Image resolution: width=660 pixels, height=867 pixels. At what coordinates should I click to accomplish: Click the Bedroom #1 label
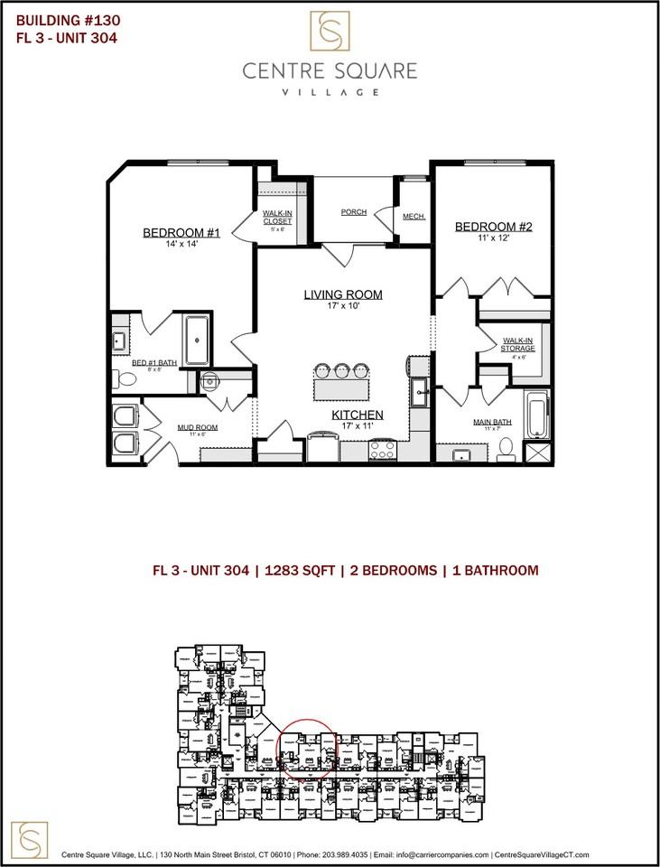click(x=181, y=233)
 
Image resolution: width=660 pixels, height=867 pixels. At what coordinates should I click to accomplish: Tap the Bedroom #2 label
click(x=493, y=227)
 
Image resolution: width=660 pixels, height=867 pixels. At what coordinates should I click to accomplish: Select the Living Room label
click(x=342, y=294)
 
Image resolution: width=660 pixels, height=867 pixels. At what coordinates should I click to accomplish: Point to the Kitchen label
click(x=357, y=415)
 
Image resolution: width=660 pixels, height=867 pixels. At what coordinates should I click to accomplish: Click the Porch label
click(x=354, y=212)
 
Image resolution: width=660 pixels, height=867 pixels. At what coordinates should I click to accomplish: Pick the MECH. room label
click(x=414, y=217)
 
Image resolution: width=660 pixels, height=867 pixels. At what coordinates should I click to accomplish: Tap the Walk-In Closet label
click(x=278, y=218)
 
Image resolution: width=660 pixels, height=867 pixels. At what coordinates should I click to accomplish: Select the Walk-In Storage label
click(x=518, y=344)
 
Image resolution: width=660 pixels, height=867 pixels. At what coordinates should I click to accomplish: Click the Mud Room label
click(x=197, y=427)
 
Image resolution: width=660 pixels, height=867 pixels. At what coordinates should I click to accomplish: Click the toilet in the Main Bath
click(x=506, y=446)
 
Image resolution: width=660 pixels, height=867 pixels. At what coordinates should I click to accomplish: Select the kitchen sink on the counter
click(x=419, y=391)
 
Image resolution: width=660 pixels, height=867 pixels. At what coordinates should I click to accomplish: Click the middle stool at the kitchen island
click(x=342, y=368)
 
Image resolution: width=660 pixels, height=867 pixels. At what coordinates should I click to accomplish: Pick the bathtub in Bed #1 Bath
click(x=197, y=340)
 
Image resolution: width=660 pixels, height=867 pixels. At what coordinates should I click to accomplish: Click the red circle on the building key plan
click(x=307, y=747)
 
